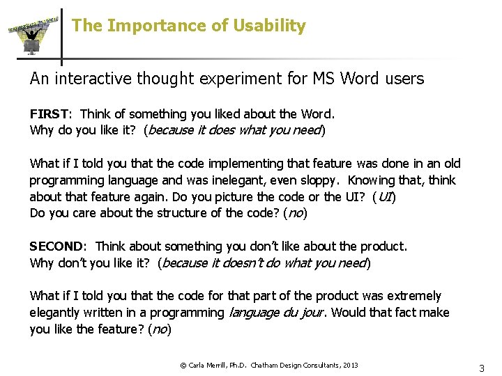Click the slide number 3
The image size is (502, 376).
pos(481,368)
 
